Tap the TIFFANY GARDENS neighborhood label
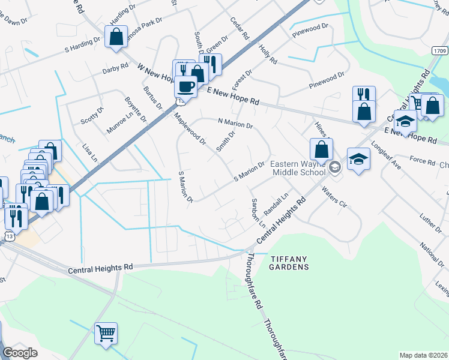click(x=289, y=262)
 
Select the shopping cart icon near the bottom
click(x=106, y=332)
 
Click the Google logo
click(x=20, y=353)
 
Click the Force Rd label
click(x=422, y=160)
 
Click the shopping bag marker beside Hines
click(x=322, y=149)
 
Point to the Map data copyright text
click(x=423, y=355)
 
